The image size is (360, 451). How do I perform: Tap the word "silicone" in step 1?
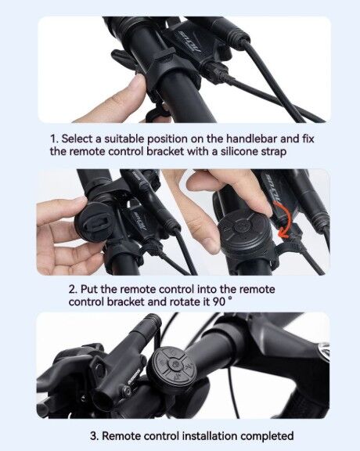239,151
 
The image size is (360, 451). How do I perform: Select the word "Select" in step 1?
77,139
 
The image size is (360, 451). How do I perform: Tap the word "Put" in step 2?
89,289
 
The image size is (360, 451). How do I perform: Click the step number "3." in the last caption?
95,436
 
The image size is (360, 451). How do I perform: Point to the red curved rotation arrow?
285,219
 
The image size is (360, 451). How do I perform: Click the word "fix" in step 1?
308,139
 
